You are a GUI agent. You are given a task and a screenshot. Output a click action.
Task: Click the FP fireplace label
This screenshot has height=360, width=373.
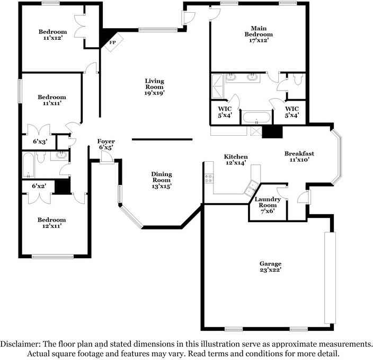tap(112, 42)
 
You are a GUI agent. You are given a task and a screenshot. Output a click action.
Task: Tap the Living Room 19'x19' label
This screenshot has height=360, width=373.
tap(155, 87)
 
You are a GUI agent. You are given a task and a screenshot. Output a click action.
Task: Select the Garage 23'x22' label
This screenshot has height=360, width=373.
tap(270, 267)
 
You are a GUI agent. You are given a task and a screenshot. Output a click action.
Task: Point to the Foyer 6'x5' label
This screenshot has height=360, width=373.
tap(106, 144)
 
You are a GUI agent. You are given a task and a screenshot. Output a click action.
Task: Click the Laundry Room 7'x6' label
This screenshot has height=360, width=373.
tap(268, 205)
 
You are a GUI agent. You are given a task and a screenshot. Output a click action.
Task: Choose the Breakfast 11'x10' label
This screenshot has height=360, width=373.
tap(299, 156)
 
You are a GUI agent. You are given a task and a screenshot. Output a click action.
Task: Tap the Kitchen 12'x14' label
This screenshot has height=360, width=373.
tap(236, 160)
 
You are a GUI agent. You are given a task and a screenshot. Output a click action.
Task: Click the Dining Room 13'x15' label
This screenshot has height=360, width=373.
tap(162, 180)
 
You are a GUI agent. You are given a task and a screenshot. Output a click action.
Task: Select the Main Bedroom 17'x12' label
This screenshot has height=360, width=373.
tap(259, 34)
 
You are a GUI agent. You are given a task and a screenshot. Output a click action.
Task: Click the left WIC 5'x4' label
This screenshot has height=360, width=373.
tap(225, 112)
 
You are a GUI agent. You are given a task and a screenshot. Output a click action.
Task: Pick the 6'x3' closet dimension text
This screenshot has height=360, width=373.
tap(40, 142)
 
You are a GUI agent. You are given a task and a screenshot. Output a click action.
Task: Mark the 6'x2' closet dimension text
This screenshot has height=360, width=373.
tap(39, 186)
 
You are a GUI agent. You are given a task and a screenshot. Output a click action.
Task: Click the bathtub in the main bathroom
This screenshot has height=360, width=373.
tap(256, 117)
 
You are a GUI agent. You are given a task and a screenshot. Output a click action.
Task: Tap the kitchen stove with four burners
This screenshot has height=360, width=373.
tap(209, 179)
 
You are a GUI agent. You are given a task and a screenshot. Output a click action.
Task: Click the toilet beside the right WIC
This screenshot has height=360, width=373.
tap(298, 80)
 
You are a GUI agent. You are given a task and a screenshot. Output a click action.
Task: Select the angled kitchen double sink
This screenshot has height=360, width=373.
tap(251, 187)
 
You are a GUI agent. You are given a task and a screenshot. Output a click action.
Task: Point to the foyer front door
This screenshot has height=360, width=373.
tap(107, 157)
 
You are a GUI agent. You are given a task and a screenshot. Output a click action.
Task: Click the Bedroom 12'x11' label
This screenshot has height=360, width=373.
tap(51, 223)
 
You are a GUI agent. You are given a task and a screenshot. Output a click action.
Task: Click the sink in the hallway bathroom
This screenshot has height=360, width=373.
tap(61, 155)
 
